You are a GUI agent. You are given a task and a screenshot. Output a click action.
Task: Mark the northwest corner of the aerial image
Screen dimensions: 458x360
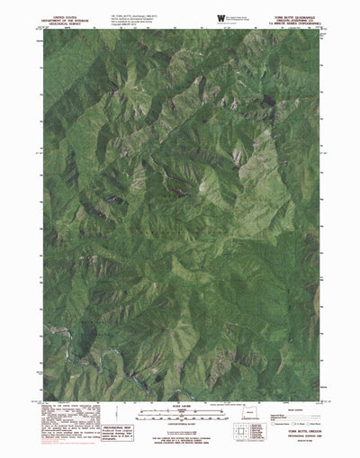[43, 33]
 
